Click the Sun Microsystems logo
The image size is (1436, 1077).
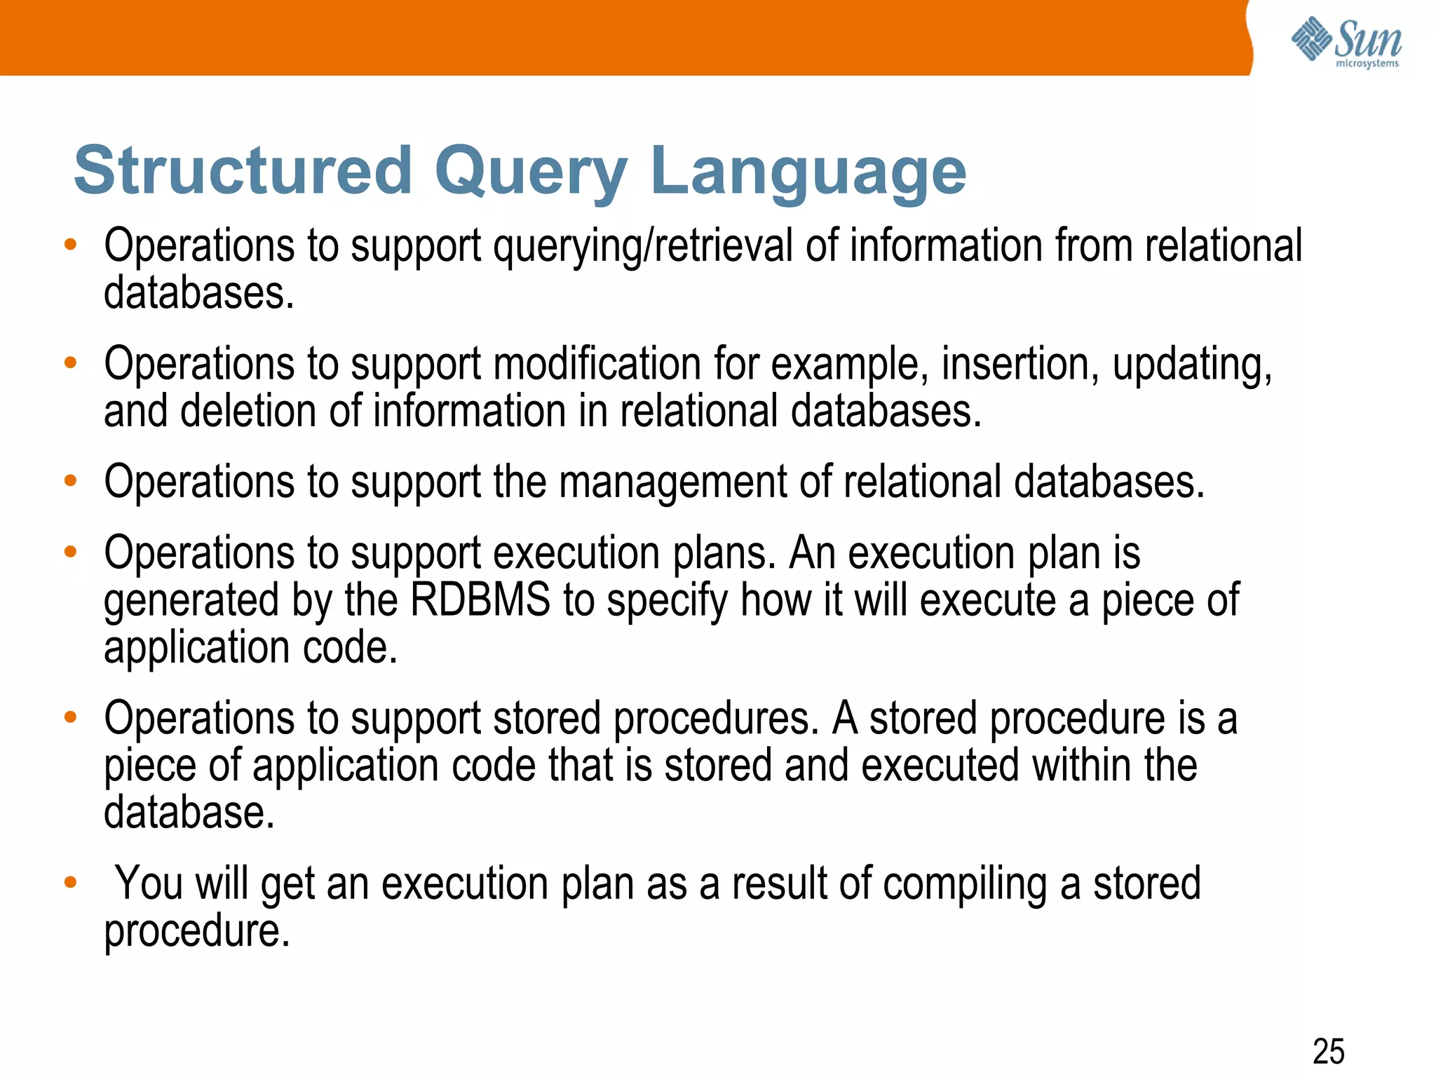(1346, 42)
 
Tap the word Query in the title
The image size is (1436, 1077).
(531, 170)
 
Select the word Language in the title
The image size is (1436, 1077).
(808, 170)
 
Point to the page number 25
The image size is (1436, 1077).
(1328, 1051)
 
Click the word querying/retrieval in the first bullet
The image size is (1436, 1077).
(643, 247)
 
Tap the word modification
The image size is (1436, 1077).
(597, 365)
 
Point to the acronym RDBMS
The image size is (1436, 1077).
(480, 600)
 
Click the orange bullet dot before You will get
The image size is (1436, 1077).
(70, 882)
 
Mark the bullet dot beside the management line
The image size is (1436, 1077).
(70, 481)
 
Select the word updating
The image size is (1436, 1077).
(1191, 365)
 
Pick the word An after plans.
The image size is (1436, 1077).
(812, 553)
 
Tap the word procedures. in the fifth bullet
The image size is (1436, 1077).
(716, 719)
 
